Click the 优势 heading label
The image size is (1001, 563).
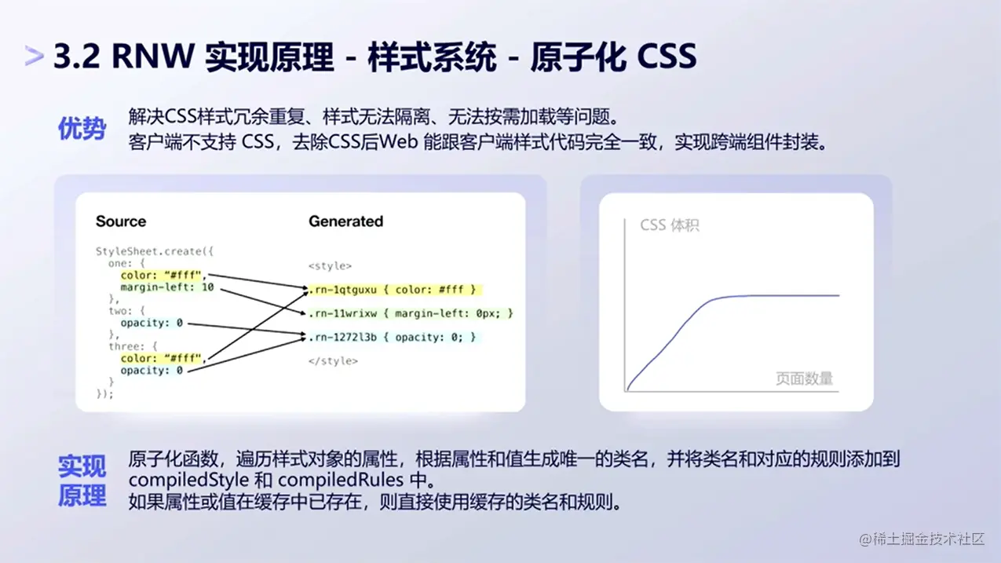(82, 129)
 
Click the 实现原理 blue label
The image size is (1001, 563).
(82, 481)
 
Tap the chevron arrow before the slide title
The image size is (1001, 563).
(34, 56)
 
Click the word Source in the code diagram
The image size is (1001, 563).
(121, 221)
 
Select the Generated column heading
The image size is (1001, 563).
(345, 221)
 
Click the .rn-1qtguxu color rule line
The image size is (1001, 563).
(393, 290)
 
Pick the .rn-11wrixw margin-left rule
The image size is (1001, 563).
(410, 313)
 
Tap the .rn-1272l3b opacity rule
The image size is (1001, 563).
(392, 337)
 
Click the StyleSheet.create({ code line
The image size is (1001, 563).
(155, 251)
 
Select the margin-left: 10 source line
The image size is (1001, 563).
(166, 287)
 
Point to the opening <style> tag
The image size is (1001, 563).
(330, 266)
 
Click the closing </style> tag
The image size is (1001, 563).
(333, 360)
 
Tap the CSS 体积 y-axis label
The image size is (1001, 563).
(669, 225)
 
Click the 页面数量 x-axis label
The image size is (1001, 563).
(804, 378)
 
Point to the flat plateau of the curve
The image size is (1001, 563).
(785, 296)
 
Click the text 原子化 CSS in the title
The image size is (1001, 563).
(613, 57)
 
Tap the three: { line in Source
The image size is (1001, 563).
(133, 346)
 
